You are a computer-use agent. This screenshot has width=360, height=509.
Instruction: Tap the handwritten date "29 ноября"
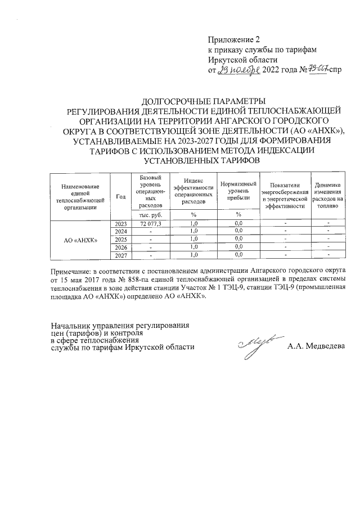coord(238,70)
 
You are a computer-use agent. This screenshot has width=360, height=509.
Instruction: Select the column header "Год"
coord(120,196)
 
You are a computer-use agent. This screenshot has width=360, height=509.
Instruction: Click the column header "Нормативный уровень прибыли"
coord(238,191)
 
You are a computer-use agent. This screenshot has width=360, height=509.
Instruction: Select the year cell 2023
coord(120,224)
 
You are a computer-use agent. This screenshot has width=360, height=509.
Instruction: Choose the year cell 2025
coord(120,240)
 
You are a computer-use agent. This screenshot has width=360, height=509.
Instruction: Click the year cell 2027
coord(120,255)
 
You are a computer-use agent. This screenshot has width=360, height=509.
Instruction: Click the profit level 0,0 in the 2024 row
coord(238,232)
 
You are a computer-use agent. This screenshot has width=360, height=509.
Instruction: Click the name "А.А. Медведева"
coord(314,346)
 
